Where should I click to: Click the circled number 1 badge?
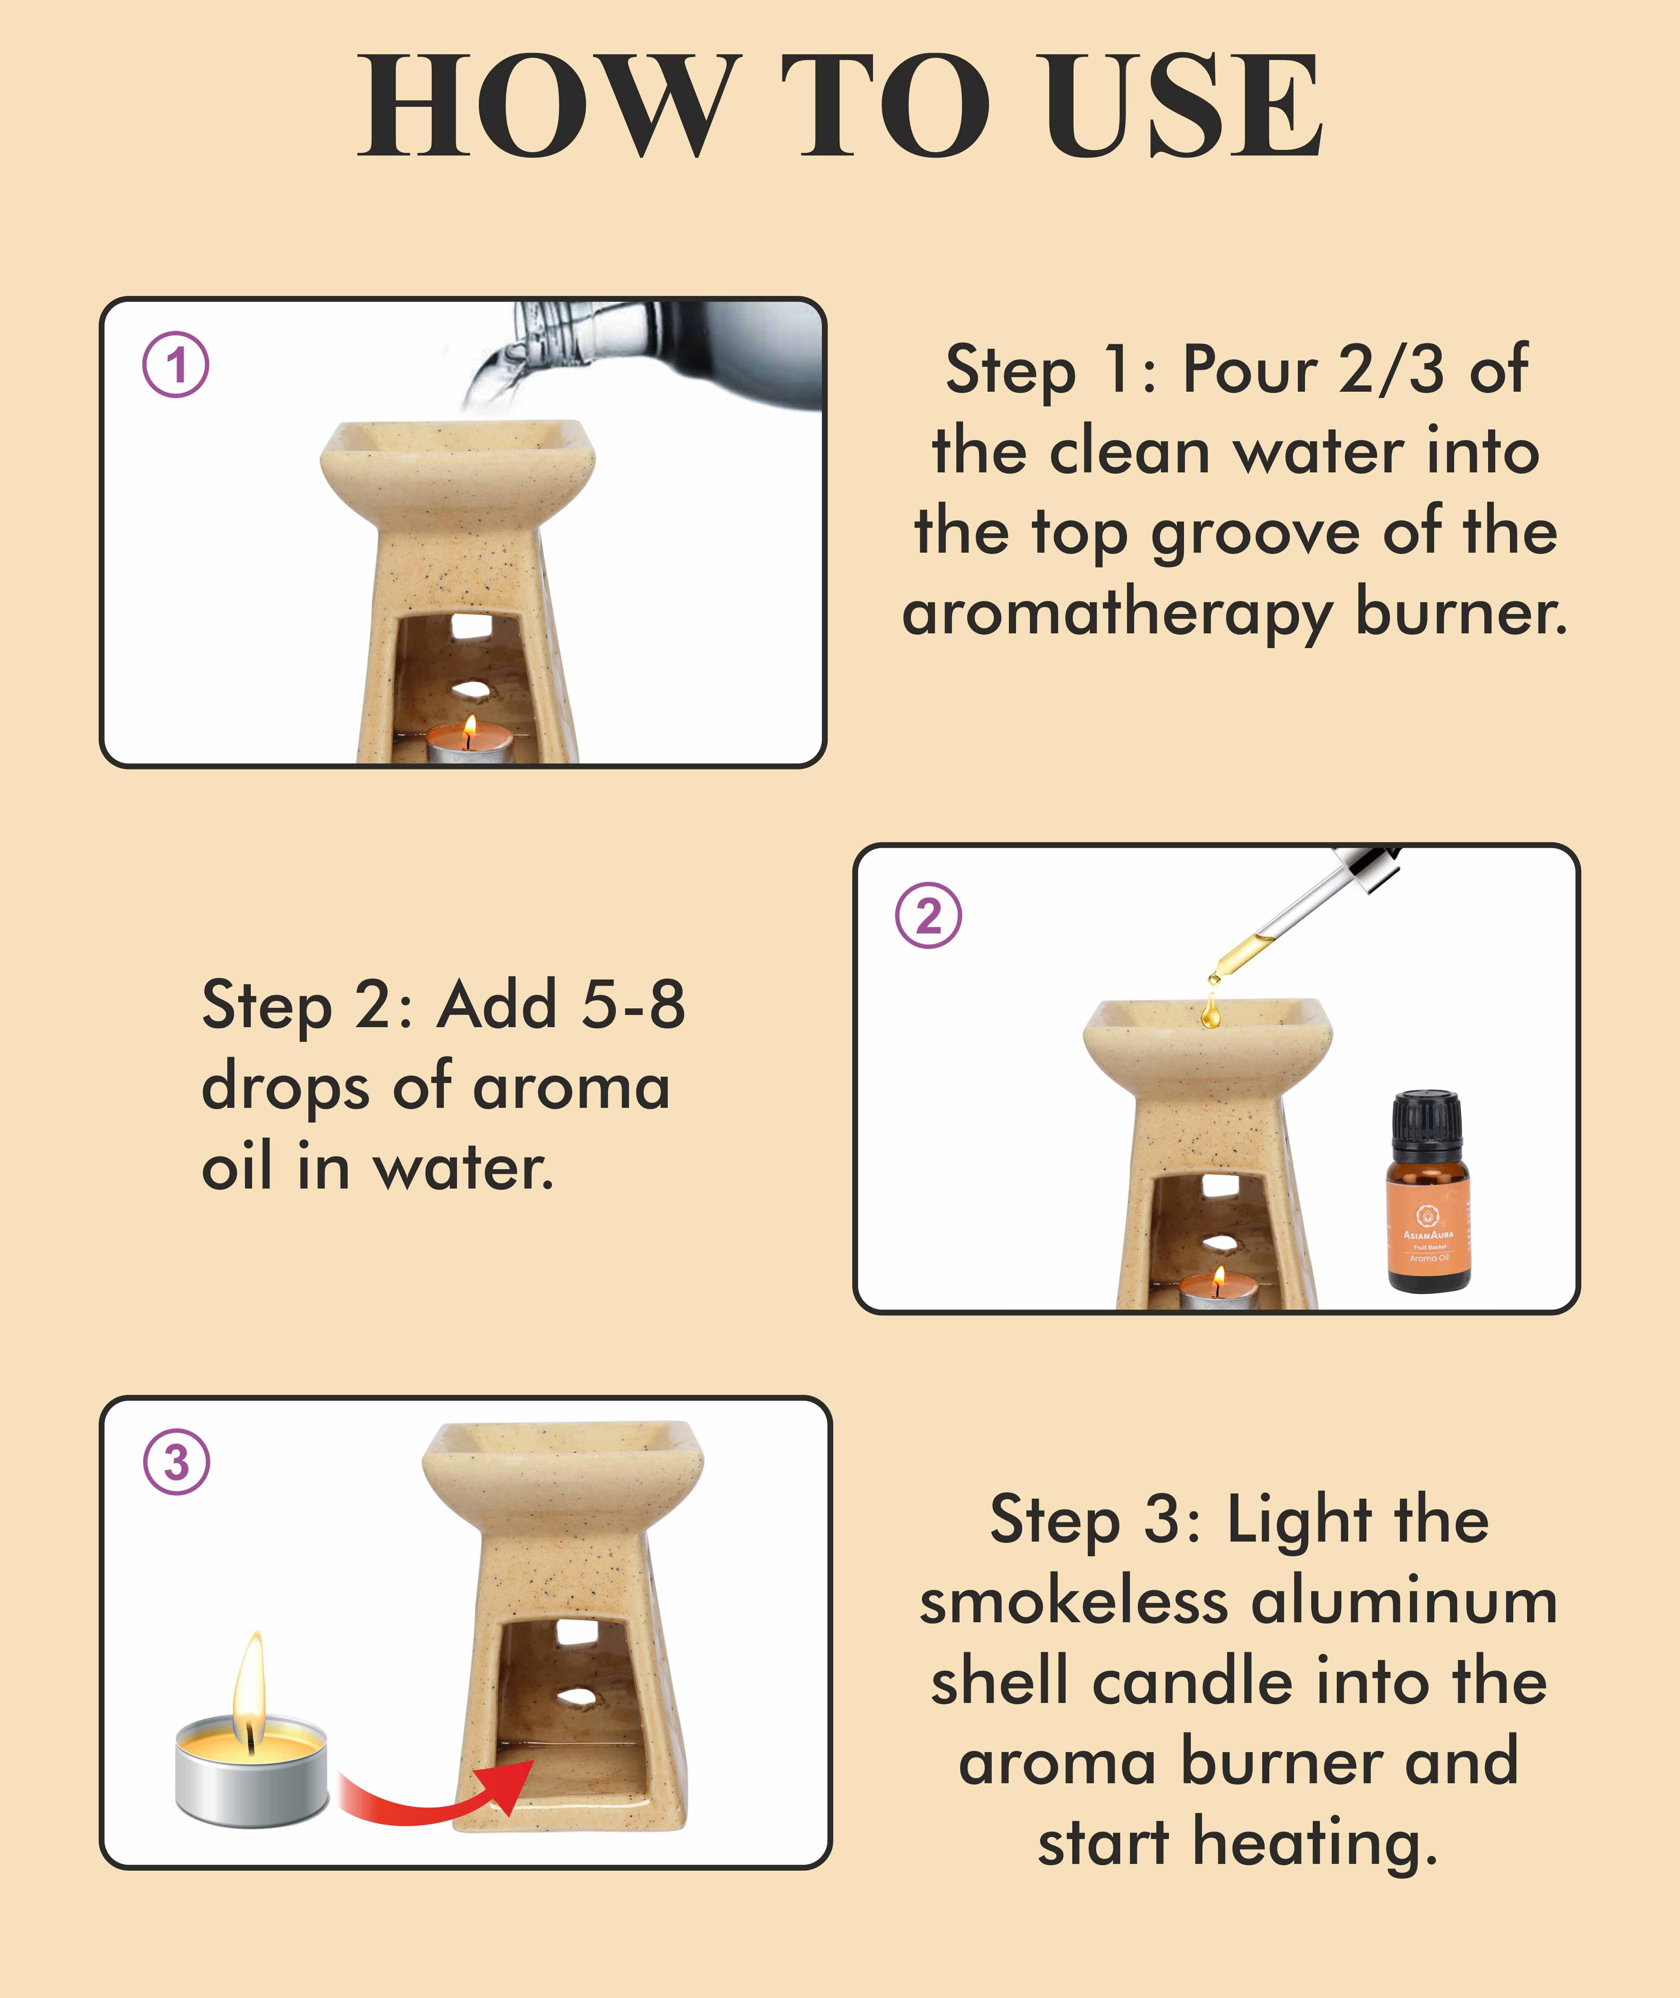176,365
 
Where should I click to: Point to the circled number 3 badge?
176,1462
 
